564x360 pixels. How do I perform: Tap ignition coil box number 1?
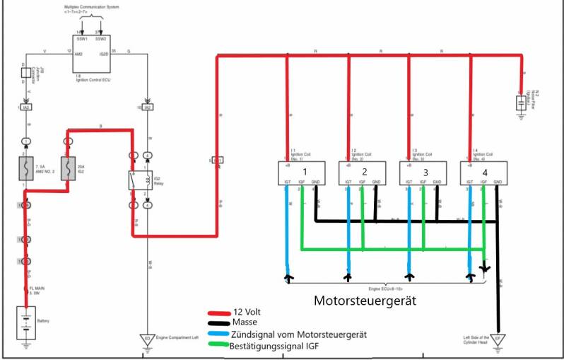tap(300, 173)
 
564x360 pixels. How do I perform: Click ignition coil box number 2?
tap(361, 173)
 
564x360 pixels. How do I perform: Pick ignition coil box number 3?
tap(422, 173)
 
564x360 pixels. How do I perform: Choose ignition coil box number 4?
tap(483, 173)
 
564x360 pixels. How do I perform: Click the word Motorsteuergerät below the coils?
tap(364, 301)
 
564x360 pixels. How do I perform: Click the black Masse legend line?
tap(218, 323)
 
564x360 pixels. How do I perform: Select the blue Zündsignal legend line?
tap(218, 335)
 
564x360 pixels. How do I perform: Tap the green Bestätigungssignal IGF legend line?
tap(218, 345)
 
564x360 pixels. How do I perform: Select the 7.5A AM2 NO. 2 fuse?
tap(26, 169)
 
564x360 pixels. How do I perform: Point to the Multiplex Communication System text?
tap(92, 7)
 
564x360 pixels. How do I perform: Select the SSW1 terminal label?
tap(82, 40)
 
